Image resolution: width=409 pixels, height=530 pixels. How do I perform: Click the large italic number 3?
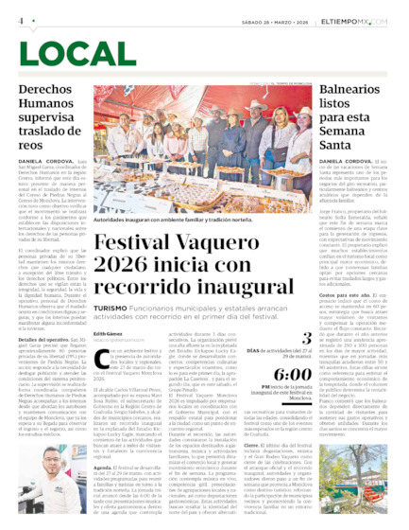305,336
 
